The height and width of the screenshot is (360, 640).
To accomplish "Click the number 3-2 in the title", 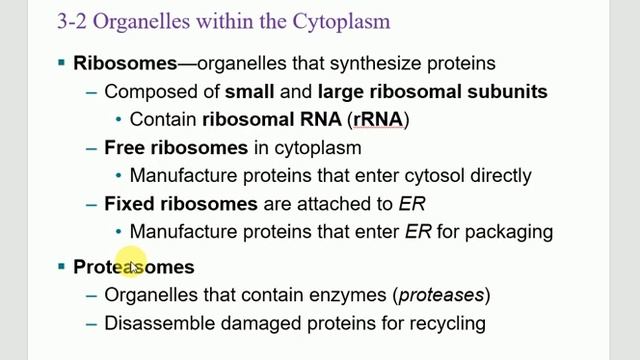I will click(x=44, y=19).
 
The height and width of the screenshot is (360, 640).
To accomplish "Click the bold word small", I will click(x=249, y=91).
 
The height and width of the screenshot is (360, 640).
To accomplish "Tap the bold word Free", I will click(x=125, y=147).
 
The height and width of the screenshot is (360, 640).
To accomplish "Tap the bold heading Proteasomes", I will click(x=134, y=267).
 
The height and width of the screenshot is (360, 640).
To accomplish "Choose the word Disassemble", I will click(x=156, y=323).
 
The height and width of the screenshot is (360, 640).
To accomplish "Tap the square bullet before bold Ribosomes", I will click(x=62, y=63).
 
